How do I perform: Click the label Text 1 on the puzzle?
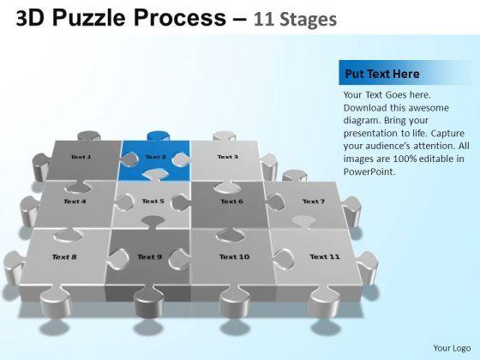click(81, 157)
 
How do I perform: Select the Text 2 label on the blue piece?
click(156, 157)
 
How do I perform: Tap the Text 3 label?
click(227, 157)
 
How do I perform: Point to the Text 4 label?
click(75, 201)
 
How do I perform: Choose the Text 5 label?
click(153, 201)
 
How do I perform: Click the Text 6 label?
click(231, 201)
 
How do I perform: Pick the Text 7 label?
click(314, 201)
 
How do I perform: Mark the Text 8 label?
click(64, 257)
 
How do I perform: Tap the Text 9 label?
click(150, 257)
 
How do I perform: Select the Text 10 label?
click(235, 257)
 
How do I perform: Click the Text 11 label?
click(325, 256)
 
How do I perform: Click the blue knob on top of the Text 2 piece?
click(159, 135)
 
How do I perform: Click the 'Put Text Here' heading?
click(382, 74)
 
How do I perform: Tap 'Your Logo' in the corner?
click(452, 348)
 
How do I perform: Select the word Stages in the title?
click(309, 20)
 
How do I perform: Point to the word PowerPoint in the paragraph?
click(369, 171)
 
